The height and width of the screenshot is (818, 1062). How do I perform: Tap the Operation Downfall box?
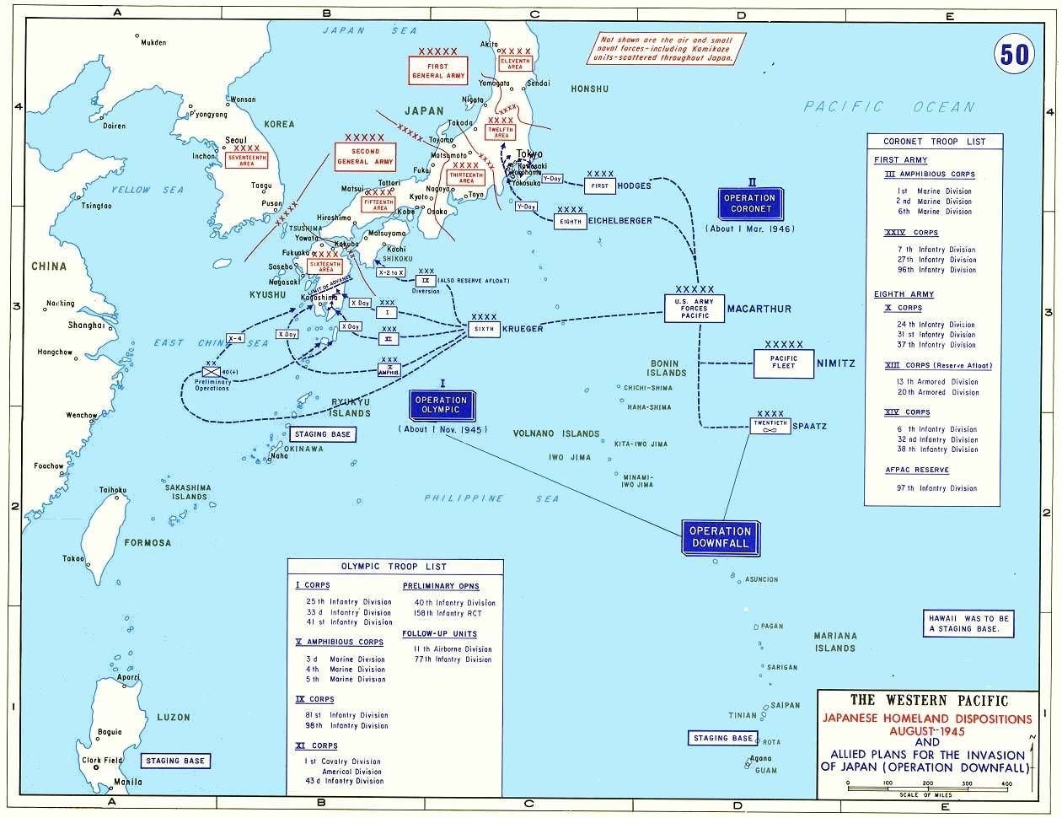point(720,537)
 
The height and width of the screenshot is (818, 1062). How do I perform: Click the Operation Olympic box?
point(441,405)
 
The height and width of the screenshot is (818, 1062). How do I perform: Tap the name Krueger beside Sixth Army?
point(523,329)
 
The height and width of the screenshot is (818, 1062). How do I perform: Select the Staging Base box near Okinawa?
point(321,435)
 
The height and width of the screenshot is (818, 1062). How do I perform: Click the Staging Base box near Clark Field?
point(174,761)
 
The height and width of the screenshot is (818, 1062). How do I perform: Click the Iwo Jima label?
point(568,457)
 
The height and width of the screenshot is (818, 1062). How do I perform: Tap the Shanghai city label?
point(87,325)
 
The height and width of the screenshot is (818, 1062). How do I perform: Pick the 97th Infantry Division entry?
point(937,488)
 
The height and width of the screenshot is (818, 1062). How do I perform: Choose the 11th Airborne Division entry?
point(453,649)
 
